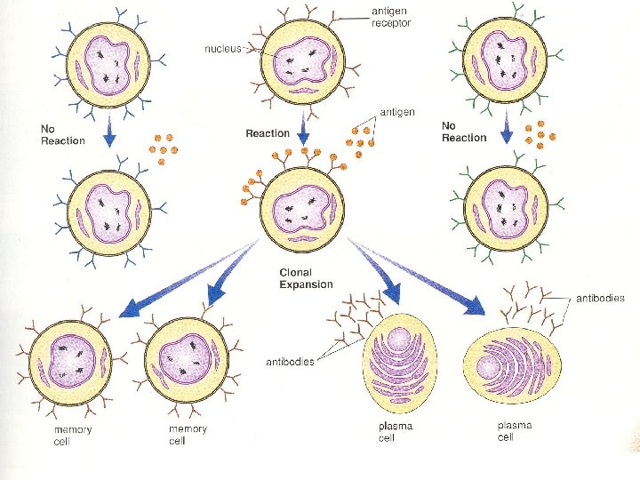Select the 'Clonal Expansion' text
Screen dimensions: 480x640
pos(306,278)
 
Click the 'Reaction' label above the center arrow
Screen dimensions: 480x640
pos(268,133)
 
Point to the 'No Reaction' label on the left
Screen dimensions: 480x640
pos(62,134)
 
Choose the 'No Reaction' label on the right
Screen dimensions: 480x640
pos(464,132)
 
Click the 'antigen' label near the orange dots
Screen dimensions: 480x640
pos(396,112)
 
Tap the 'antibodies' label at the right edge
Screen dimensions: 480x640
pos(601,299)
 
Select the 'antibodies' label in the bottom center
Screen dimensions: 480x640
pos(290,362)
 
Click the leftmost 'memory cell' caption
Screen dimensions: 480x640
pos(72,435)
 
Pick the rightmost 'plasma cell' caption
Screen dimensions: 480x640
pos(514,431)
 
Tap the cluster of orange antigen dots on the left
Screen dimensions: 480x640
pos(161,148)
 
